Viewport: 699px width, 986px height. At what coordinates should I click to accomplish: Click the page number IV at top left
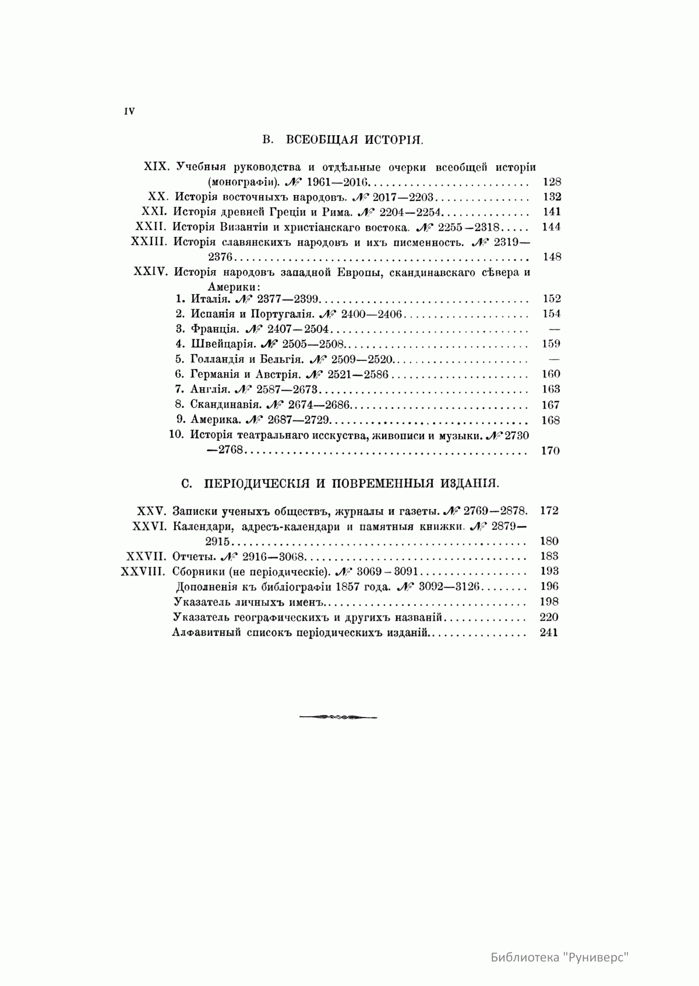pos(129,112)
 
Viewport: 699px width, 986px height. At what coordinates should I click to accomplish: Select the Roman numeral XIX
pos(156,166)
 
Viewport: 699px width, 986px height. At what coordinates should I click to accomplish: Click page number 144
pos(551,227)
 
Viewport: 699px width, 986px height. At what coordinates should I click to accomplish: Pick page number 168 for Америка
pos(550,420)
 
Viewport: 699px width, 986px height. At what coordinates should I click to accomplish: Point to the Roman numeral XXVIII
pos(144,571)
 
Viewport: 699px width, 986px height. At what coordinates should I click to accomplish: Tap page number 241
pos(549,632)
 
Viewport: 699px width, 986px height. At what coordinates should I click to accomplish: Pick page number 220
pos(549,617)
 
